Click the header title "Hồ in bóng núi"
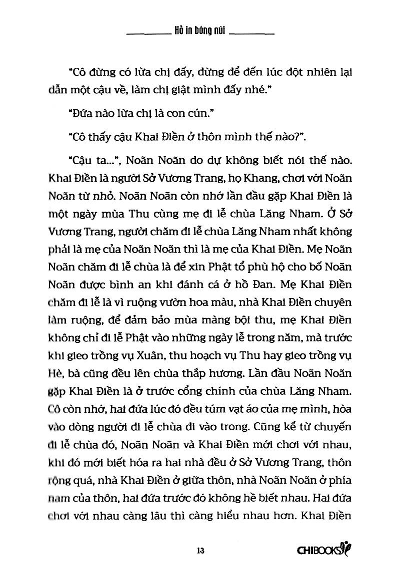pyautogui.click(x=200, y=31)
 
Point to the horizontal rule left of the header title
pyautogui.click(x=148, y=33)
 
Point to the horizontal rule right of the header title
pyautogui.click(x=253, y=33)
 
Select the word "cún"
pyautogui.click(x=197, y=115)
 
